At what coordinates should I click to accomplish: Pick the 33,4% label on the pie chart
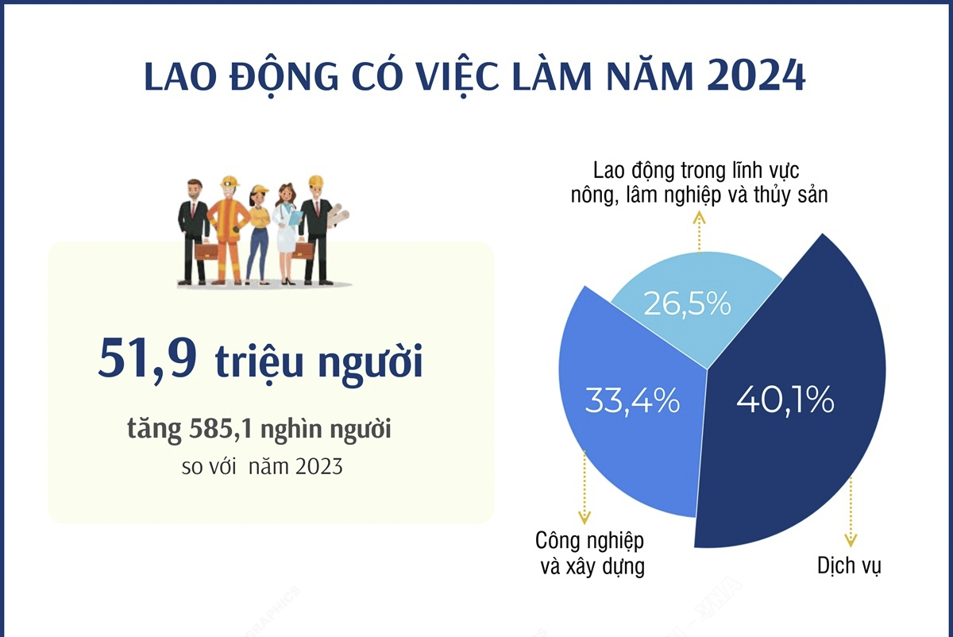[x=632, y=400]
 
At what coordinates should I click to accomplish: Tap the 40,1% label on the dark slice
[x=785, y=400]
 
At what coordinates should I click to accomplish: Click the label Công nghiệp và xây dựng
[x=589, y=554]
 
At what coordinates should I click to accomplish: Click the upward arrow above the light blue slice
[x=700, y=230]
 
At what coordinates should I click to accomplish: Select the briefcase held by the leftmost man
[x=206, y=252]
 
